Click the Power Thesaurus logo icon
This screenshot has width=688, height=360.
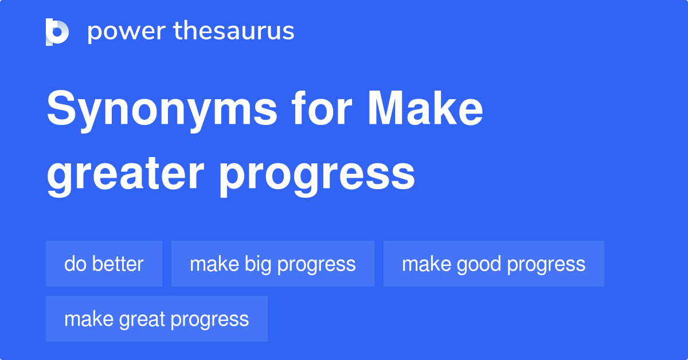(57, 32)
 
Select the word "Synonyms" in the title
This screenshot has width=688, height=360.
(161, 111)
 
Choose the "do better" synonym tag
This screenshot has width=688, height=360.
(104, 264)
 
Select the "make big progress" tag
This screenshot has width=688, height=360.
(272, 264)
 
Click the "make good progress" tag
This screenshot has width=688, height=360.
(494, 264)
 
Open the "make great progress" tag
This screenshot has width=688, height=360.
(157, 319)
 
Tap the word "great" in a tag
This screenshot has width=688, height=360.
(140, 319)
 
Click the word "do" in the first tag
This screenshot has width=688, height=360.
(73, 264)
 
